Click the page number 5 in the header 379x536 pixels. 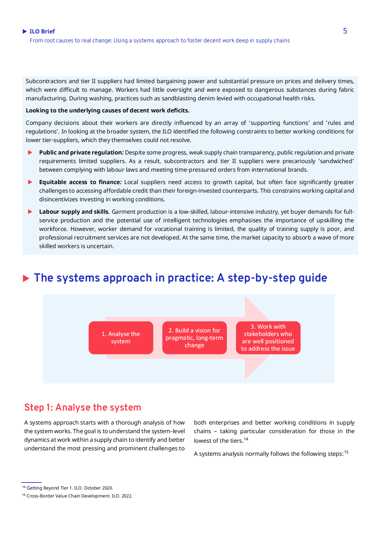click(345, 31)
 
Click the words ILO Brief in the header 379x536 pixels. click(42, 31)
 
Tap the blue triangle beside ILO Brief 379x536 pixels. click(25, 31)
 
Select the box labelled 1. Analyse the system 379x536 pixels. click(121, 338)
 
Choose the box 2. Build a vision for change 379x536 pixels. click(194, 338)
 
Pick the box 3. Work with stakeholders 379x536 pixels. click(268, 338)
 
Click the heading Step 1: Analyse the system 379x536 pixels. click(82, 407)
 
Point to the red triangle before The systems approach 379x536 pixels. click(26, 278)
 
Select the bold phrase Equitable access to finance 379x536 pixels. click(80, 182)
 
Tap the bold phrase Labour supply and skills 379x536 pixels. click(74, 212)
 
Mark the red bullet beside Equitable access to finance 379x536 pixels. click(30, 182)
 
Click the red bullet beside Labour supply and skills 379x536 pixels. click(30, 212)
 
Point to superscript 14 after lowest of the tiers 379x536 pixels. click(246, 439)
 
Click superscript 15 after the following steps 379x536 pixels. click(346, 452)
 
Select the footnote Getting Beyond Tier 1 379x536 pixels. click(70, 488)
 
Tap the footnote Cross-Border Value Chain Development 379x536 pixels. click(79, 496)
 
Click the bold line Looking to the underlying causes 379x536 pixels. click(107, 111)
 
